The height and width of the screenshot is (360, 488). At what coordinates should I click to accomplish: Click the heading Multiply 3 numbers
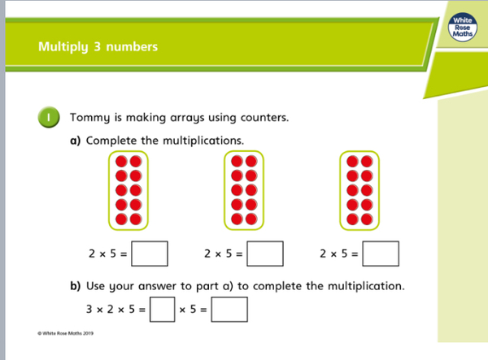click(98, 46)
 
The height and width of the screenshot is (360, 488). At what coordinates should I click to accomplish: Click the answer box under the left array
click(150, 254)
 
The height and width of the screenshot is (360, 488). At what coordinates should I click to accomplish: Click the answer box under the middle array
click(265, 254)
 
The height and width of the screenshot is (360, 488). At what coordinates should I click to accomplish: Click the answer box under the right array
click(381, 254)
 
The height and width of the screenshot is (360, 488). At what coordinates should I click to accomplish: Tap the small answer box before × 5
click(163, 310)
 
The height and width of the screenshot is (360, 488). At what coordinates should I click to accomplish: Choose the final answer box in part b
click(229, 310)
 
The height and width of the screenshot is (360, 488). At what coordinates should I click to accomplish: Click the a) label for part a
click(76, 141)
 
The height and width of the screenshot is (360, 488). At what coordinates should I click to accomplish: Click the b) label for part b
click(76, 287)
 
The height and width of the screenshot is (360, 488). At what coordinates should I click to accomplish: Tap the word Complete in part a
click(111, 141)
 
